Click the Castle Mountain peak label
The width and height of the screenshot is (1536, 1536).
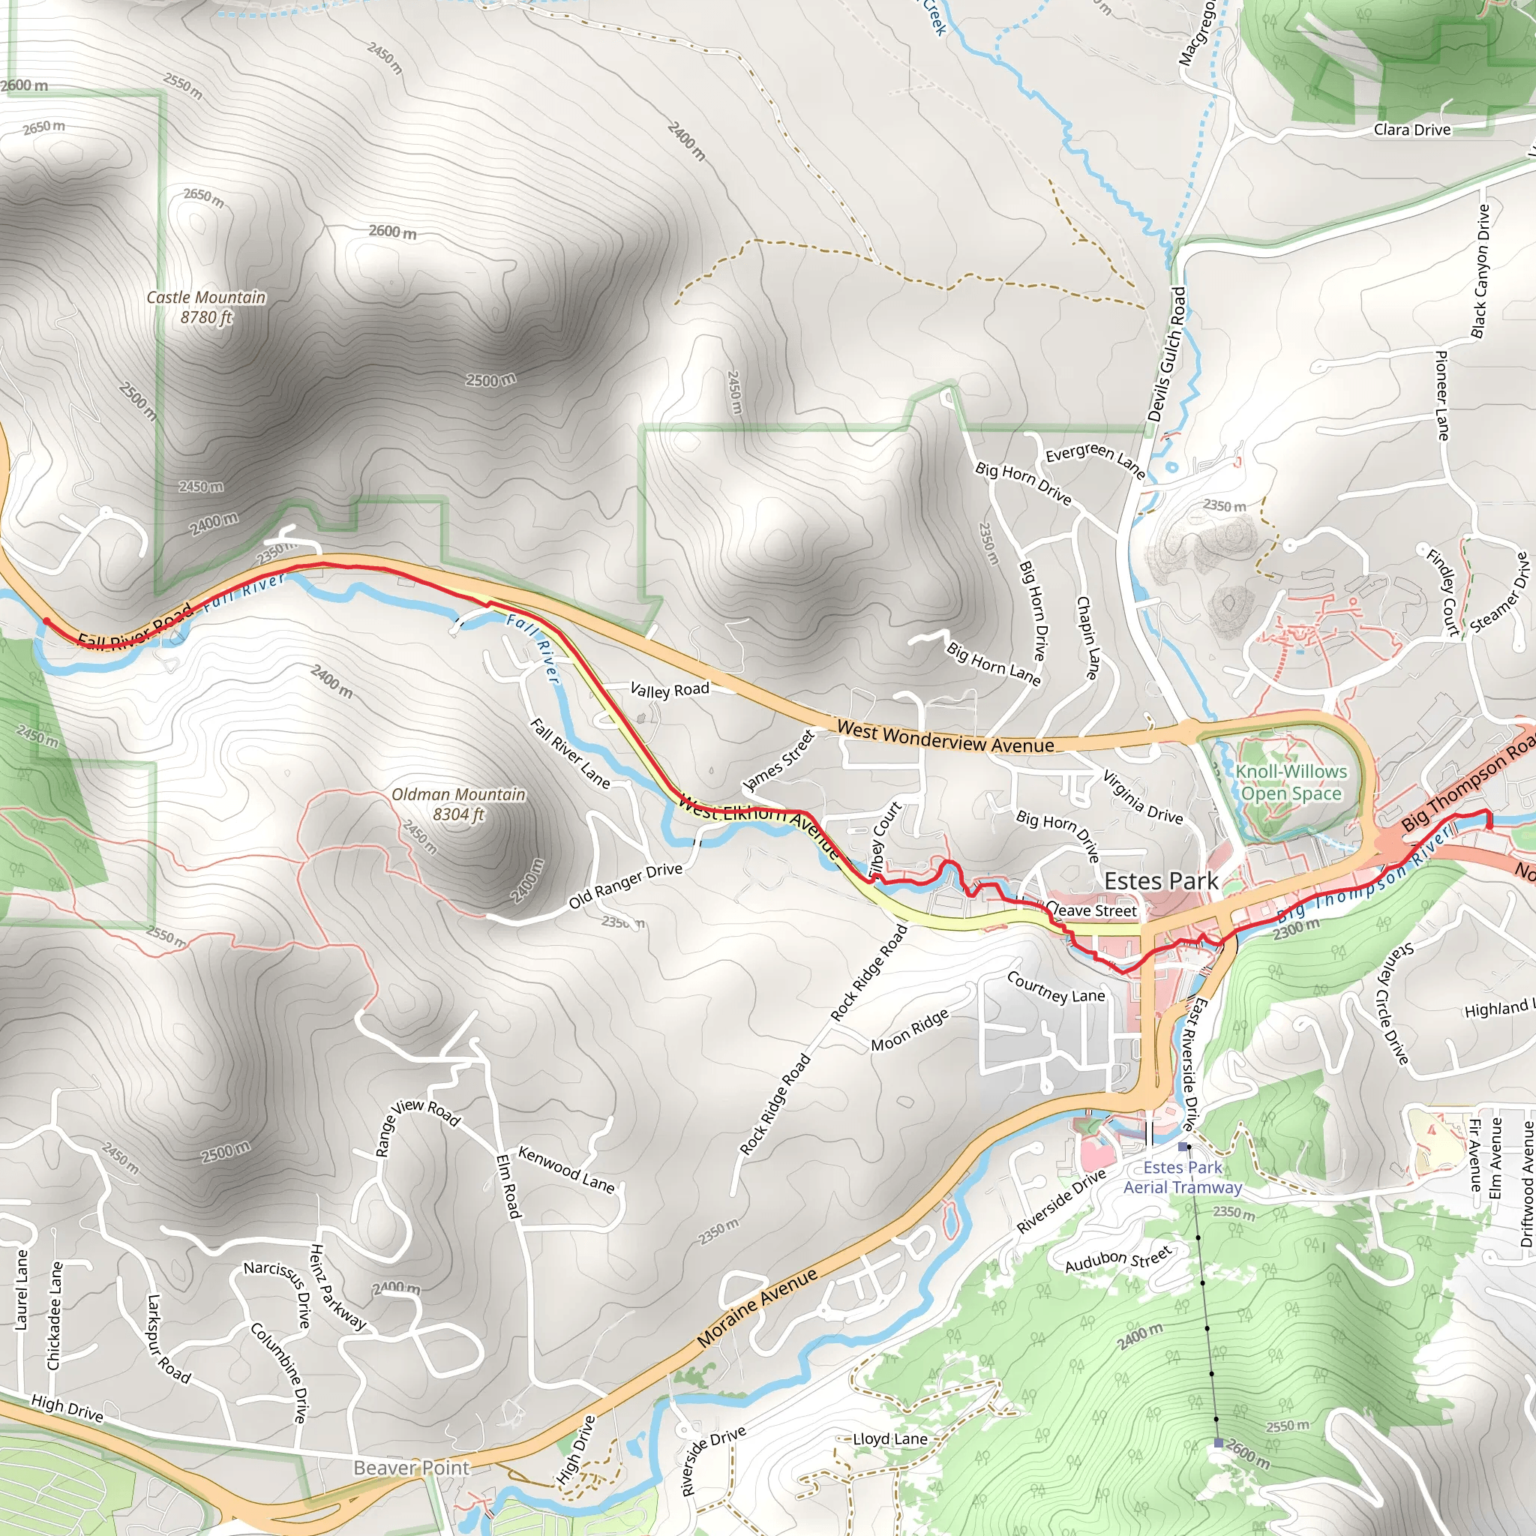click(x=206, y=307)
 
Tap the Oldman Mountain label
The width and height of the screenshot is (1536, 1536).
click(x=459, y=804)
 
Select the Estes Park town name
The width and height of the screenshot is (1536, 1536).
click(x=1161, y=881)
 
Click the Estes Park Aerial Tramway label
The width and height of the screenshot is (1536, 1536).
click(x=1182, y=1177)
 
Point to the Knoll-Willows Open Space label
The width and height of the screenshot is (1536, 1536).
click(x=1291, y=782)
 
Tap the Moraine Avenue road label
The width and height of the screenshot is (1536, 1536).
click(x=757, y=1309)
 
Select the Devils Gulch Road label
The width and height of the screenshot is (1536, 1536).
click(x=1166, y=355)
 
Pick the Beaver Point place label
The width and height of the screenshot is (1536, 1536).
click(x=411, y=1468)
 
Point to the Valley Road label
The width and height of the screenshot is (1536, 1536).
click(x=670, y=689)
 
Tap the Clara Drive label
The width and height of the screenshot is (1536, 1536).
click(x=1412, y=130)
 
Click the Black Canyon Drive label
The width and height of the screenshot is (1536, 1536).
click(x=1480, y=271)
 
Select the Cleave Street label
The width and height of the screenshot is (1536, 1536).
click(x=1091, y=910)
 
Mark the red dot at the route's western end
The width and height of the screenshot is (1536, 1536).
click(x=46, y=622)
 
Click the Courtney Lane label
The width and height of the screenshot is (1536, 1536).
click(x=1056, y=988)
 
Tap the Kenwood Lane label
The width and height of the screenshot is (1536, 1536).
click(x=566, y=1169)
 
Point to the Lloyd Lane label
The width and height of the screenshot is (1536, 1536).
click(x=889, y=1439)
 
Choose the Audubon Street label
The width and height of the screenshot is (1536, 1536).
click(x=1117, y=1258)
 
